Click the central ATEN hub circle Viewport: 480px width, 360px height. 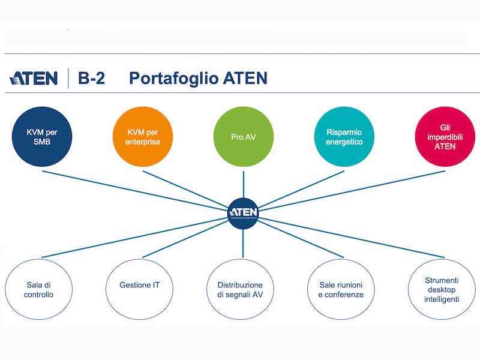point(243,212)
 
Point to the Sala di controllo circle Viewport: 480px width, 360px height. point(40,289)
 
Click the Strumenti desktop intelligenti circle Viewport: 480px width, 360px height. point(441,289)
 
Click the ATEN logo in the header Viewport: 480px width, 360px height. point(34,78)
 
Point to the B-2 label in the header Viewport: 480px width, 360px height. point(91,78)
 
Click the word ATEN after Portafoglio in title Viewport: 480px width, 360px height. point(237,79)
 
